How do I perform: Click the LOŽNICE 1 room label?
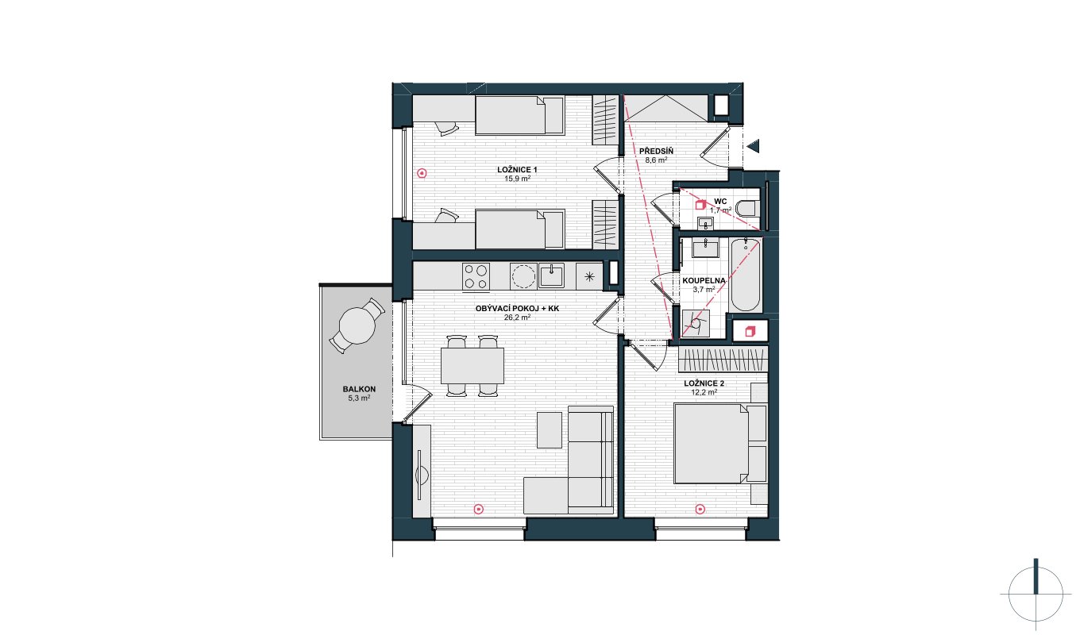(517, 170)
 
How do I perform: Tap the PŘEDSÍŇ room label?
(656, 152)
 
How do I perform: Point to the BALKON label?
(359, 389)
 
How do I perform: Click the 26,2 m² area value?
(517, 317)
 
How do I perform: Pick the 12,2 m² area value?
(704, 392)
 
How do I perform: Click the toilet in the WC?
(748, 209)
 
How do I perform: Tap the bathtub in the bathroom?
(745, 275)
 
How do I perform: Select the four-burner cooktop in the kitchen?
(476, 276)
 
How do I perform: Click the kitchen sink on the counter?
(551, 275)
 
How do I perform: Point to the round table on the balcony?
(357, 325)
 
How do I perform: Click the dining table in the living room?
(472, 366)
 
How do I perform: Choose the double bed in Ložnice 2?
(719, 444)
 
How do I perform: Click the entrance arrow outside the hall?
(754, 145)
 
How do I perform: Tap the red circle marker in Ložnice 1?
(422, 173)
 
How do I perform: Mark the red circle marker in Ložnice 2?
(700, 509)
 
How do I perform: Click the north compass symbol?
(1036, 595)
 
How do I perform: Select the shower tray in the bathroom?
(696, 323)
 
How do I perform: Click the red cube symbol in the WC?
(700, 205)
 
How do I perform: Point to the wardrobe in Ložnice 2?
(723, 360)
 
